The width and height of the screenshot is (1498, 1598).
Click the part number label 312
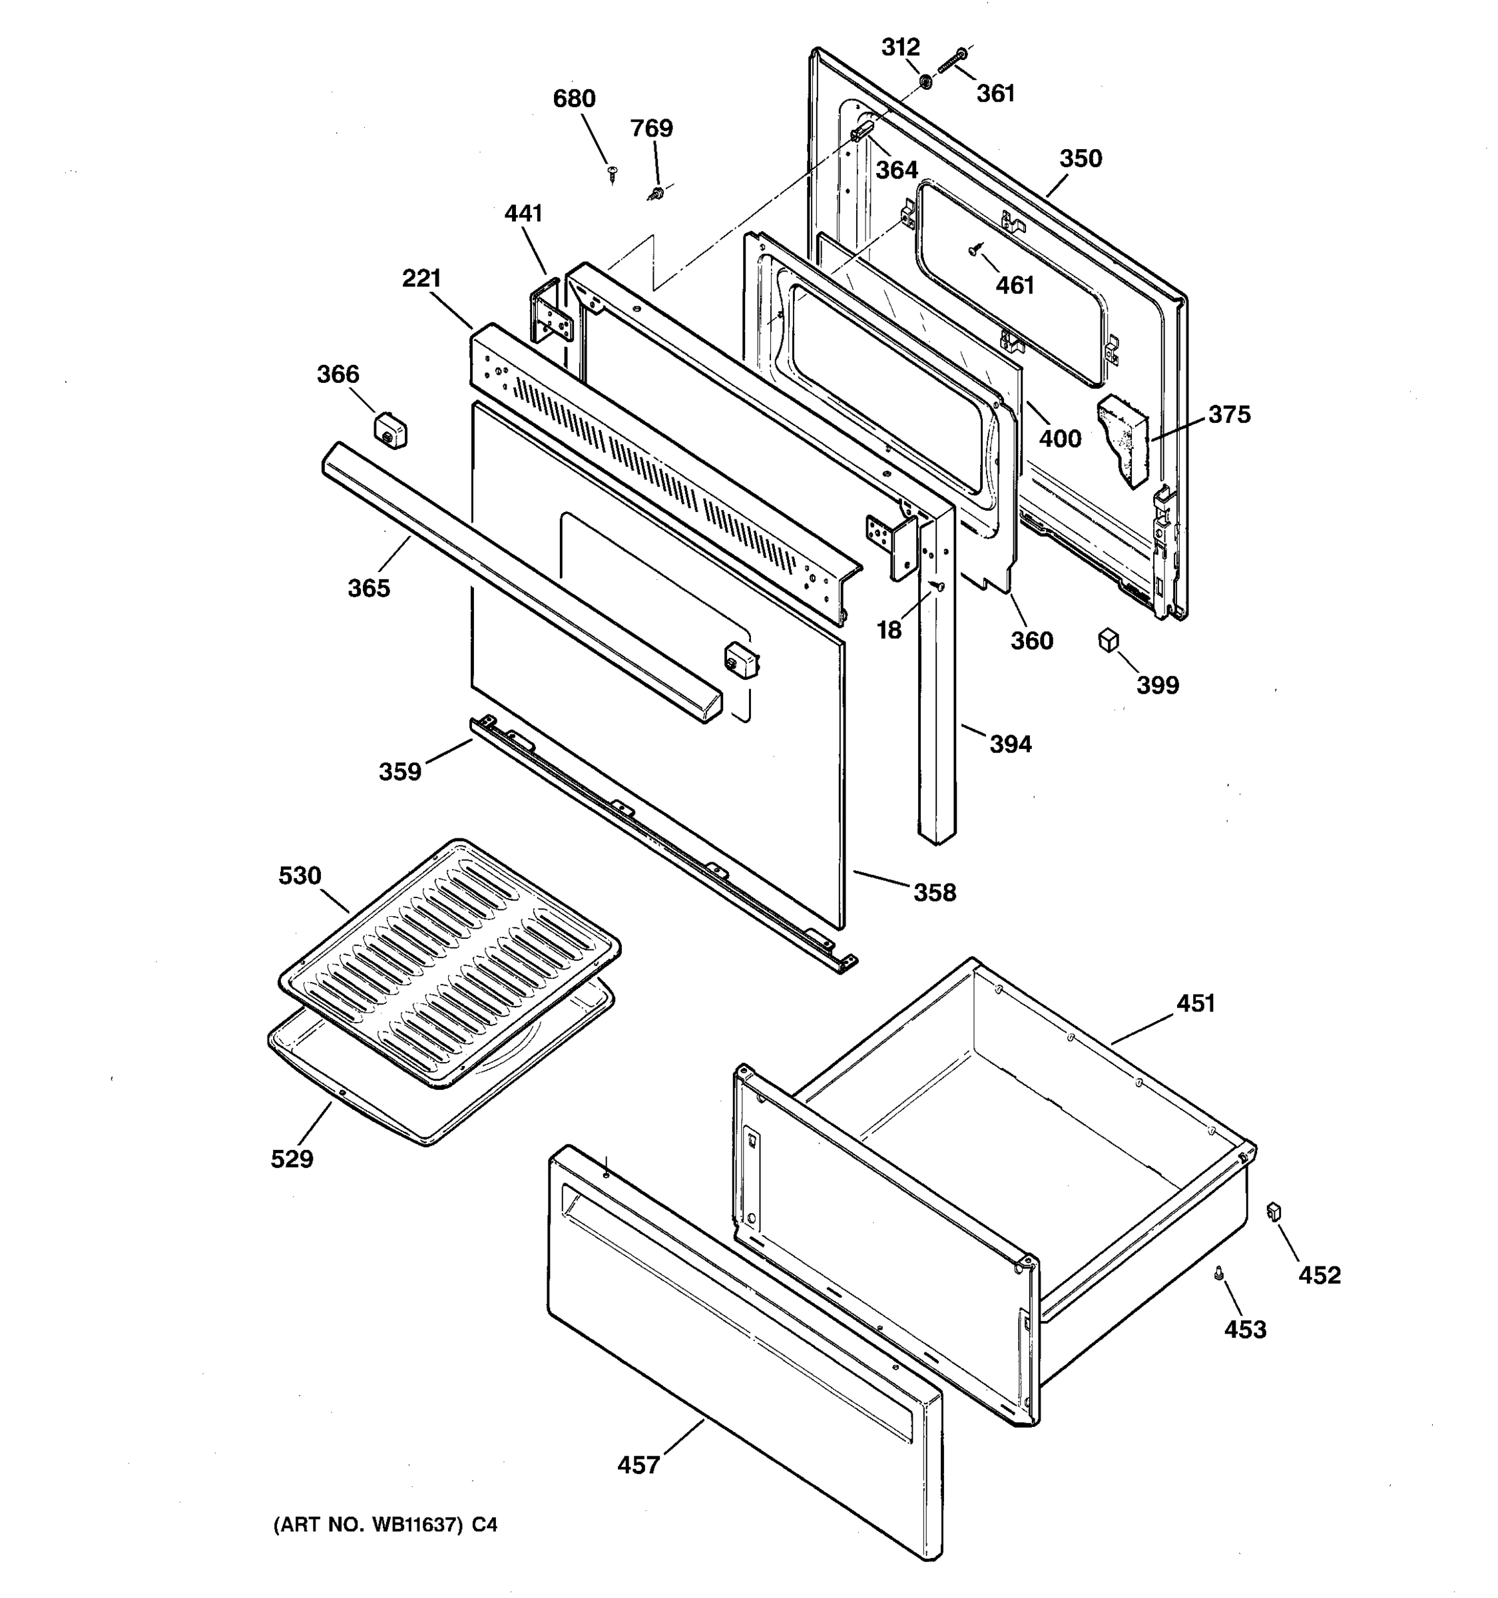tap(900, 47)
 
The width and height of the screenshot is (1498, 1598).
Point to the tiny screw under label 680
tap(613, 171)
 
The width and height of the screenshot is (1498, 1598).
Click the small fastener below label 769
tap(656, 193)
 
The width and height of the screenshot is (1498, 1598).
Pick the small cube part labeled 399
tap(1109, 641)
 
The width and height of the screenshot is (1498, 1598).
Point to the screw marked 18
tap(936, 587)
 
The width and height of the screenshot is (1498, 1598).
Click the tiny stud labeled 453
tap(1219, 1272)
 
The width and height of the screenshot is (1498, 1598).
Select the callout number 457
tap(638, 1465)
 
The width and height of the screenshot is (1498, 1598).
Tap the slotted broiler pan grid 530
tap(450, 961)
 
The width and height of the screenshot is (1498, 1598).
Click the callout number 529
tap(292, 1159)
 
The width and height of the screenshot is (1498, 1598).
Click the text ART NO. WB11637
tap(369, 1524)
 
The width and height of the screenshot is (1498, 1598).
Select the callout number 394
tap(1010, 744)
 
